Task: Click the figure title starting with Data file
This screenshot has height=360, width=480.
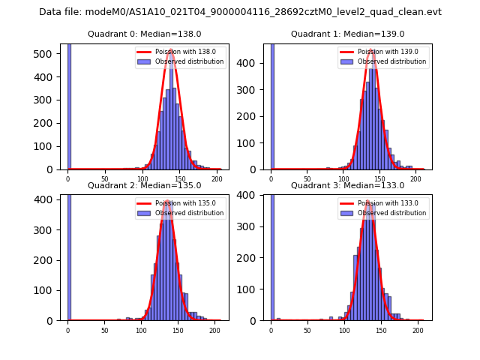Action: (240, 12)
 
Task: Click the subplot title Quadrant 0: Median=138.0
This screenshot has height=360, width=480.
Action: (144, 34)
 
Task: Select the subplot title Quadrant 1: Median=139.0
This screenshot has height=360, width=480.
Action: (348, 34)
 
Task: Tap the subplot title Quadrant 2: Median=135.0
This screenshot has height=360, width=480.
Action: (144, 185)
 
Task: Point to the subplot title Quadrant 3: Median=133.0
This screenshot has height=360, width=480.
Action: (348, 185)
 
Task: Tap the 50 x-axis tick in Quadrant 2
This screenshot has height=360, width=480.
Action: (104, 330)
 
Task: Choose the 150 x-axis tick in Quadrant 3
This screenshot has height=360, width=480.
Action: (380, 330)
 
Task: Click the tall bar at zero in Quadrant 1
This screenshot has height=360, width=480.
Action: (272, 105)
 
